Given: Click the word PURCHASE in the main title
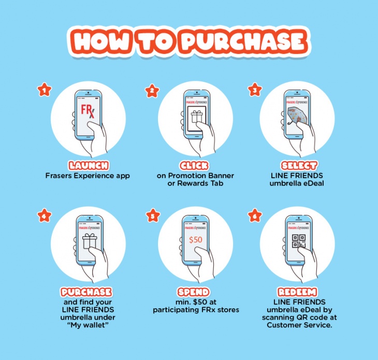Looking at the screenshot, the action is (x=243, y=41).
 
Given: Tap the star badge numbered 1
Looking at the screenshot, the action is (x=45, y=90).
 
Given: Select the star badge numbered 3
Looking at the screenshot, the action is (x=255, y=90).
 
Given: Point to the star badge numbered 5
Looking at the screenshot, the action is (x=153, y=215).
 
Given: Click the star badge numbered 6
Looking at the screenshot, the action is (x=255, y=215).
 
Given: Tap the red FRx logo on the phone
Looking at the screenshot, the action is (x=88, y=111).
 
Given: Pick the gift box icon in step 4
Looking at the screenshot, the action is (x=90, y=241).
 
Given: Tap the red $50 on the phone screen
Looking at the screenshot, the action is (x=196, y=240).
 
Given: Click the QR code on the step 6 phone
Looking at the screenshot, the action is (x=299, y=241).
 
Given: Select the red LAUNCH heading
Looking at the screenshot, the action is (x=89, y=166).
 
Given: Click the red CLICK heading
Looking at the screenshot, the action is (x=194, y=166).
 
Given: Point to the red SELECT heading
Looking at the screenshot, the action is (x=299, y=166).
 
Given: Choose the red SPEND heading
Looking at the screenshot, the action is (x=193, y=292).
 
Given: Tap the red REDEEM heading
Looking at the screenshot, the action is (x=297, y=292).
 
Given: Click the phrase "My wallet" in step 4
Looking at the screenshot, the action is (x=88, y=325).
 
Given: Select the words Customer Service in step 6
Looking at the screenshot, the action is (x=299, y=325).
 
